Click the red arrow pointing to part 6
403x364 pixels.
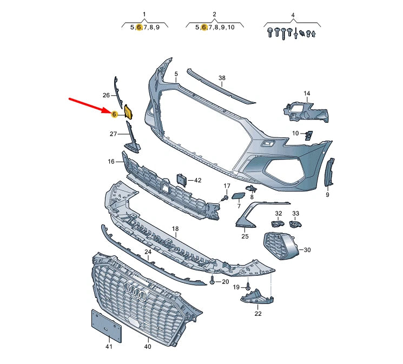[x=89, y=105]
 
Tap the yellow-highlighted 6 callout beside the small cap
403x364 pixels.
[x=114, y=114]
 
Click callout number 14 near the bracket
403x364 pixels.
[x=307, y=94]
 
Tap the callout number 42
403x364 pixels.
[x=197, y=180]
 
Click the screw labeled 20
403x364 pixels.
[x=213, y=281]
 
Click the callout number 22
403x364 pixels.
[x=257, y=313]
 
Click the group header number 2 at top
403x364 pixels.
[x=214, y=14]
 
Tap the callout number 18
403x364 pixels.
[x=175, y=229]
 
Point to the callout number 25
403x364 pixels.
[x=245, y=236]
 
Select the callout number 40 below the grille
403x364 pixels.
[x=148, y=347]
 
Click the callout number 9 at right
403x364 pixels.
[x=327, y=195]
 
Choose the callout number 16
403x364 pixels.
[x=111, y=161]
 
